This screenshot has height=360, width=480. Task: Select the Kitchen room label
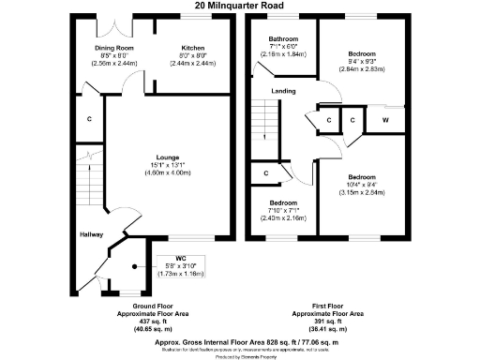[192, 47]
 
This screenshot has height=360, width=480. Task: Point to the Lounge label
[168, 157]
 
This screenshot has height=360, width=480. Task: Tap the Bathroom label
[283, 38]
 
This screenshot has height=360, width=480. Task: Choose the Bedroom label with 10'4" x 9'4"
[361, 176]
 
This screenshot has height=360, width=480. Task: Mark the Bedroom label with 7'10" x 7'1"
[282, 203]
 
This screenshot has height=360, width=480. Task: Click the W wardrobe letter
[384, 121]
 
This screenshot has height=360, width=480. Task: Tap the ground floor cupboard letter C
[89, 120]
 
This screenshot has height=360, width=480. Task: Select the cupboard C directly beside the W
[352, 121]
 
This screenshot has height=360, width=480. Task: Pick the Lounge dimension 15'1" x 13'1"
[168, 165]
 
